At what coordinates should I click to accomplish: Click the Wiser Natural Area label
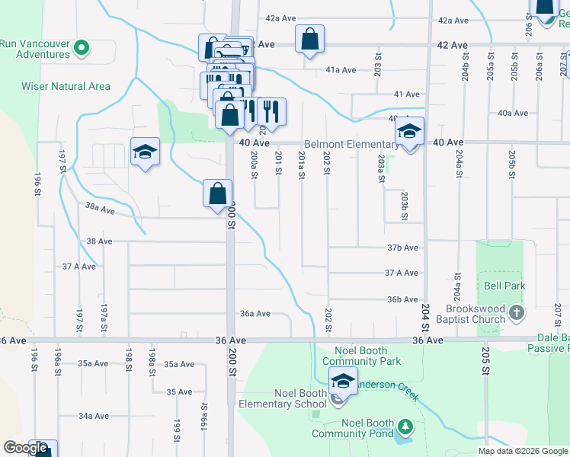click(x=66, y=86)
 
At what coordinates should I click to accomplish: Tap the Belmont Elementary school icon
click(x=409, y=132)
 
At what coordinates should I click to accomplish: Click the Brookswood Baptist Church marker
click(x=517, y=312)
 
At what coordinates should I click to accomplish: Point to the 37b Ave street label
click(x=402, y=248)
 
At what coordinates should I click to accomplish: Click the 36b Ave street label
click(x=402, y=299)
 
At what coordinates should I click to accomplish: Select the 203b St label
click(x=404, y=206)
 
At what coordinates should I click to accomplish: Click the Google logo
click(x=25, y=448)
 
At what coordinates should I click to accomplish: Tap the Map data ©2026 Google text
click(x=523, y=451)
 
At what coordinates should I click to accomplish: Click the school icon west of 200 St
click(x=144, y=152)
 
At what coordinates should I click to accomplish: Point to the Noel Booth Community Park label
click(x=361, y=356)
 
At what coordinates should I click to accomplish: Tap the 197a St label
click(x=104, y=313)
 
